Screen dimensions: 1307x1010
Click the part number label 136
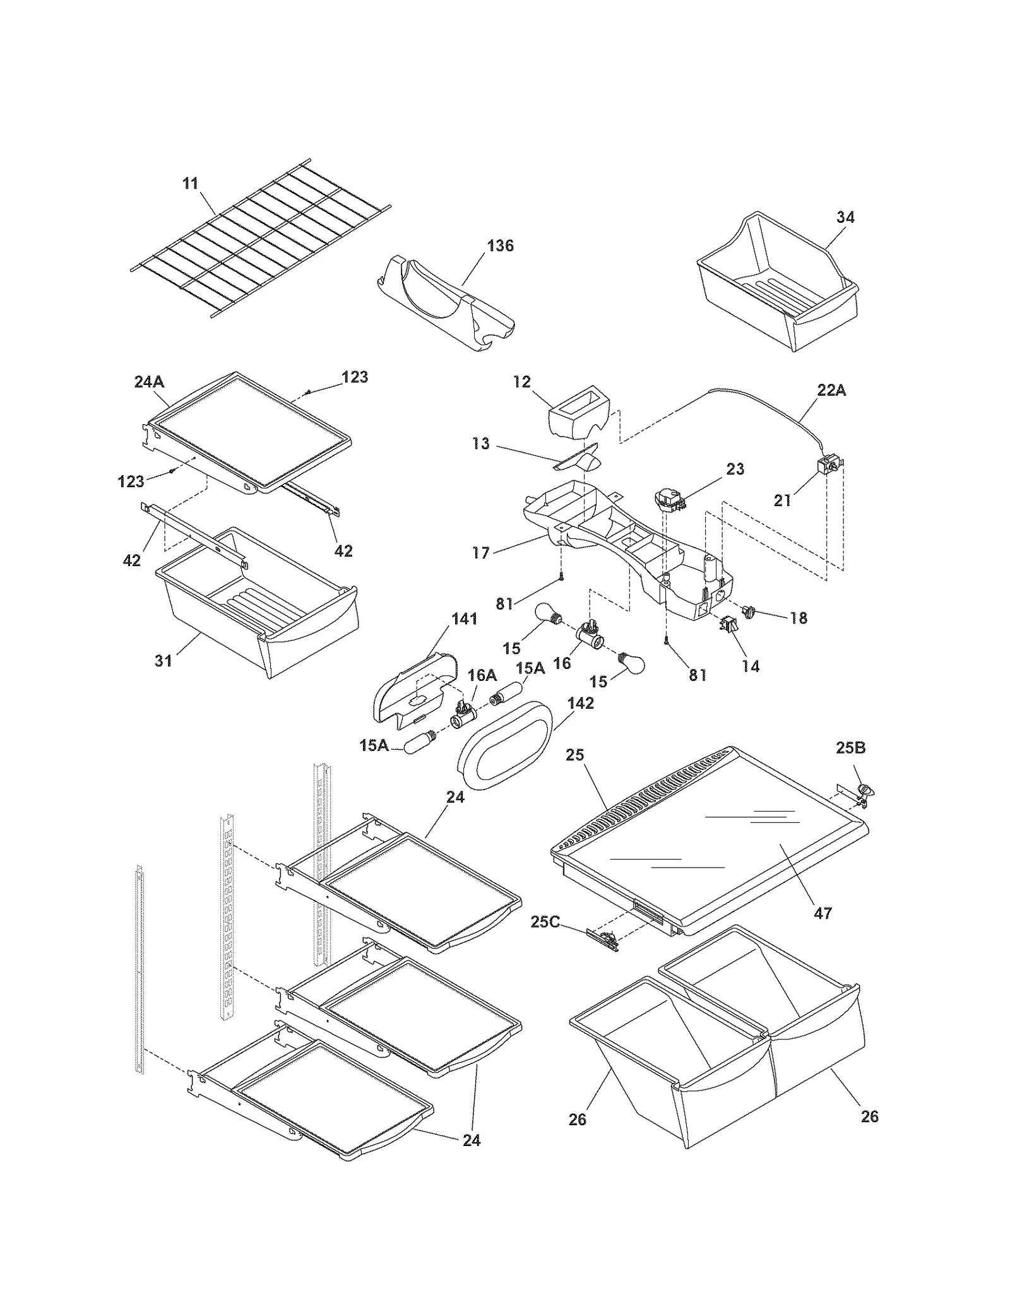point(500,245)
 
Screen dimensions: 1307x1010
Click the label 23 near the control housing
point(735,469)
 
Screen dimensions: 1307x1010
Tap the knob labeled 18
point(749,611)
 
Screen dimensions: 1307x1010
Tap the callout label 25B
point(850,748)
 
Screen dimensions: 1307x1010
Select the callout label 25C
point(545,922)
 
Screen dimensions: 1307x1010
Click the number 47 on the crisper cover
point(823,913)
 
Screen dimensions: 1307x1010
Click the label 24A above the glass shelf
point(149,381)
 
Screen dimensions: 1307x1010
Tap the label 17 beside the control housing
point(481,553)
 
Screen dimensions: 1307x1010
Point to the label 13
point(481,444)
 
